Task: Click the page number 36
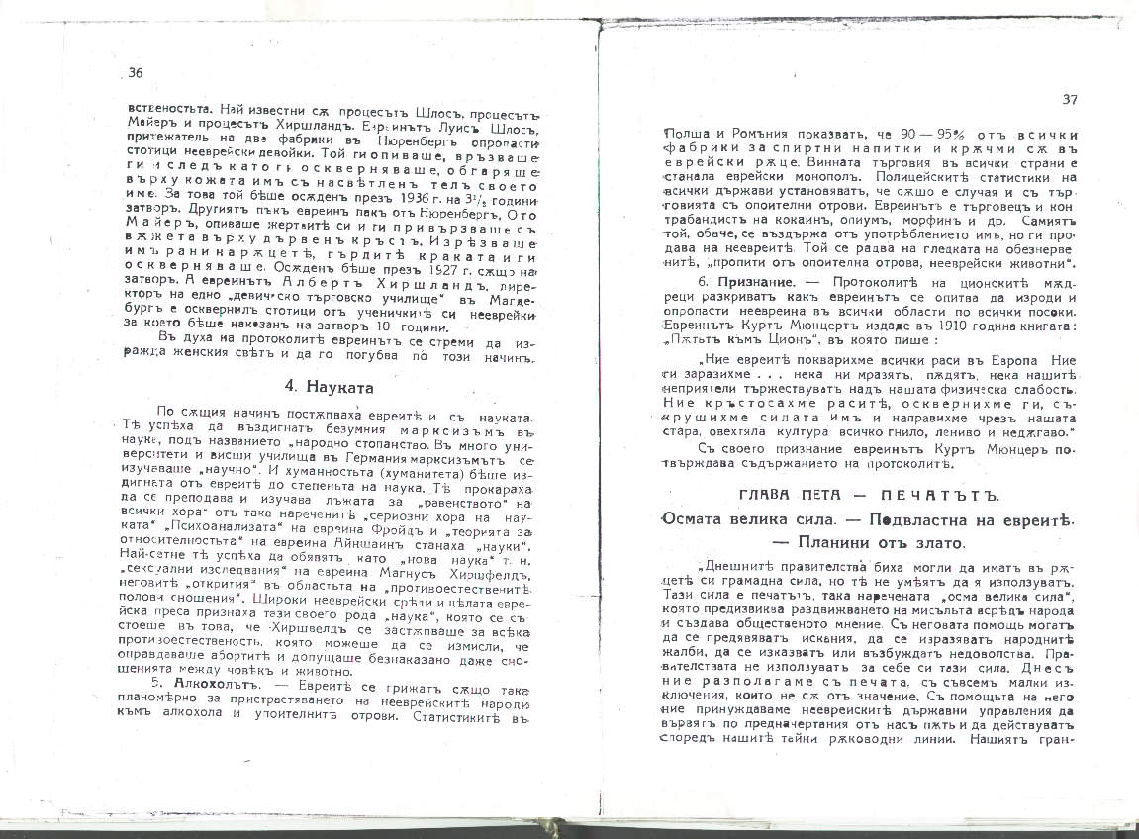[137, 72]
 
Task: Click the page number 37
[1069, 99]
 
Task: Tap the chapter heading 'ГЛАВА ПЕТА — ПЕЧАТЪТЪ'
[869, 494]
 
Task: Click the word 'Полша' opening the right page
[683, 133]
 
